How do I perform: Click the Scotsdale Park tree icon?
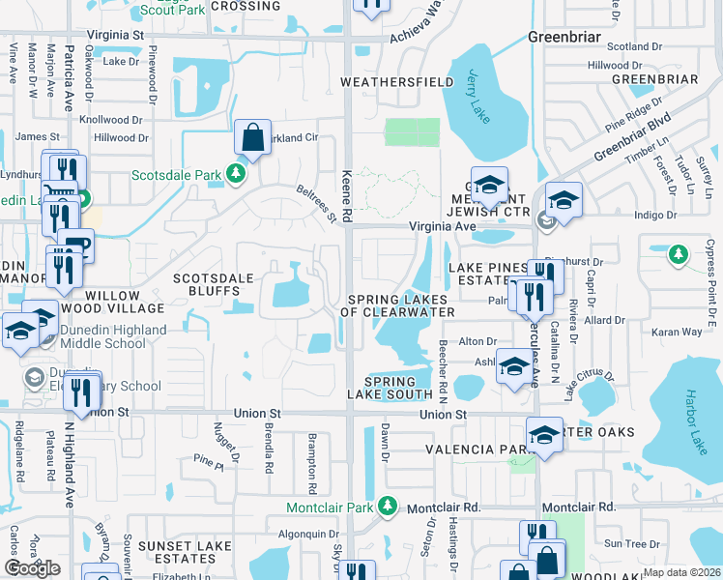click(x=235, y=174)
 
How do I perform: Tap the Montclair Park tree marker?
click(x=388, y=506)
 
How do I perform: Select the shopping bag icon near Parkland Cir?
click(x=252, y=139)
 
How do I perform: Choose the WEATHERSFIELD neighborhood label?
click(x=396, y=82)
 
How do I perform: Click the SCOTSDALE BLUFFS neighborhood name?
click(x=213, y=286)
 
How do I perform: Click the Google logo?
click(x=32, y=568)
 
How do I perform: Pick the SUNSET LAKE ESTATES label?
click(x=190, y=552)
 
